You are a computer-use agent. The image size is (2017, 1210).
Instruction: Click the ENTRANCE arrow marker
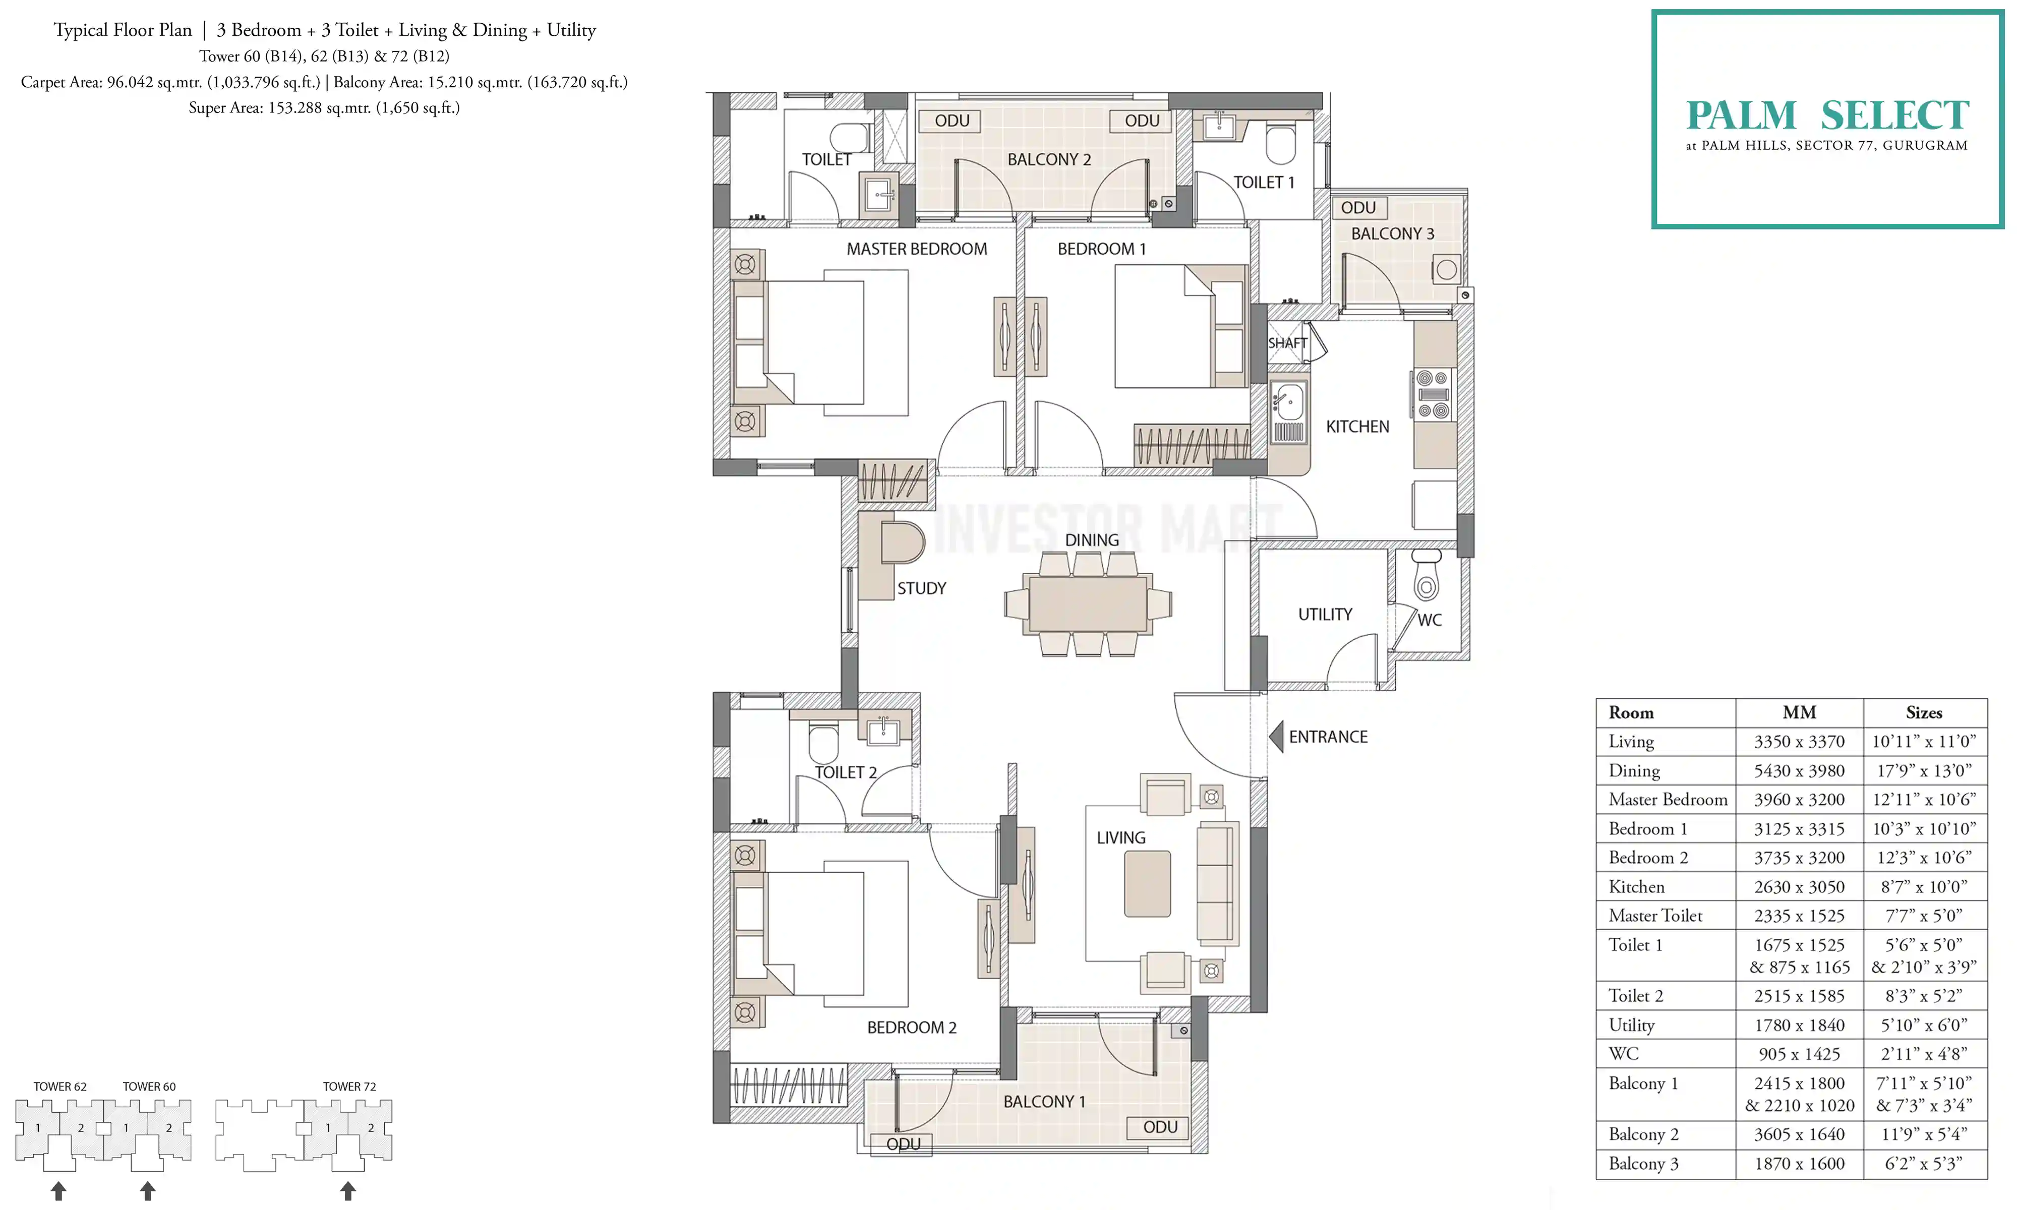pos(1277,736)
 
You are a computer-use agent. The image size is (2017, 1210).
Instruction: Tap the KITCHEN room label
pos(1357,427)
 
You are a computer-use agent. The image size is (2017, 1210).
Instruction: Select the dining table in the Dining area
pos(1088,604)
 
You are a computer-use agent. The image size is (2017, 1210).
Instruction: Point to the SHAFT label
pos(1287,343)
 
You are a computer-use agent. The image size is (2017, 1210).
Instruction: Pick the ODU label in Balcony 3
pos(1358,208)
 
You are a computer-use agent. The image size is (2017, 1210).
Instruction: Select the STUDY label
pos(922,588)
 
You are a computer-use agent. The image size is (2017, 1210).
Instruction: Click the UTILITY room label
pos(1325,614)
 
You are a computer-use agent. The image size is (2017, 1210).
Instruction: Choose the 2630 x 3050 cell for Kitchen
pos(1799,886)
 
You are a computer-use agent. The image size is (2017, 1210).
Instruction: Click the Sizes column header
pos(1924,712)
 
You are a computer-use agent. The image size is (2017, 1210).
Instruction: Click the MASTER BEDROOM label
pos(916,249)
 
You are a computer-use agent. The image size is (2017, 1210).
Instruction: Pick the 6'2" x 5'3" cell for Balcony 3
pos(1925,1164)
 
